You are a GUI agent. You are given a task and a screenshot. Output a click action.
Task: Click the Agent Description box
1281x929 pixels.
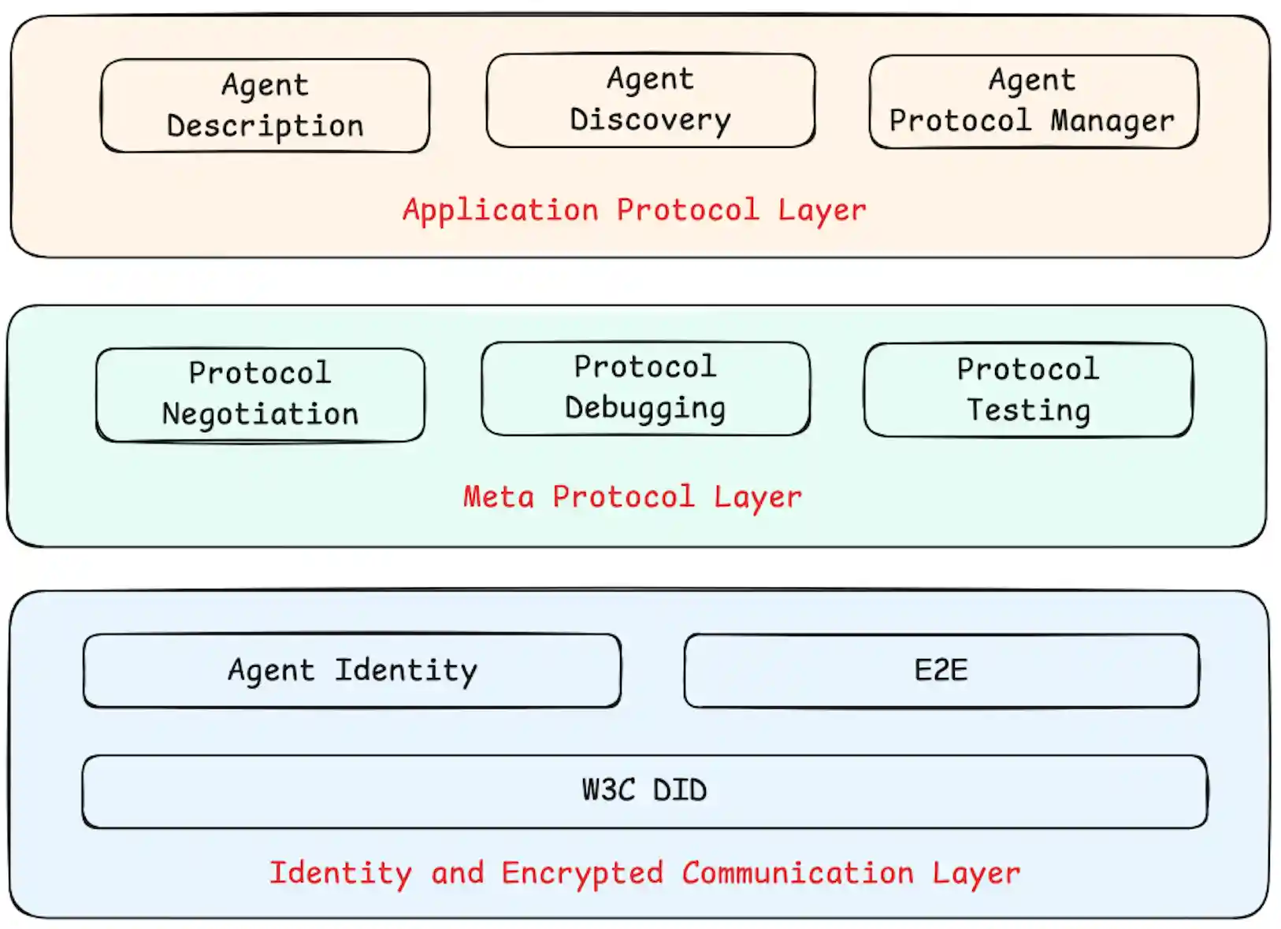265,105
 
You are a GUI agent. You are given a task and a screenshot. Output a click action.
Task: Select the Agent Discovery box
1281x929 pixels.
650,100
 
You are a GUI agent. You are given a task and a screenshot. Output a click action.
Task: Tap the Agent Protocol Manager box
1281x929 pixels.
1033,102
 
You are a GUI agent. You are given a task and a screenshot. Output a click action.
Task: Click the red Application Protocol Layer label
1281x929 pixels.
634,210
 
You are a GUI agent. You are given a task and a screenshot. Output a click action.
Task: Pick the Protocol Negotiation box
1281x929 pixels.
260,394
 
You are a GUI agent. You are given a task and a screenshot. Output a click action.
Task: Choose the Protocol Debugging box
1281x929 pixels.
645,388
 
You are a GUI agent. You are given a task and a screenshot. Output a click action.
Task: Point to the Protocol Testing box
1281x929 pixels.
1027,390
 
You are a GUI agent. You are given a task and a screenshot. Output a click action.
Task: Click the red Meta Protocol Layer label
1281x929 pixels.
632,497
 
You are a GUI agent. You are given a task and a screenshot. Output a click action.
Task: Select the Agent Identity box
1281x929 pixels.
351,671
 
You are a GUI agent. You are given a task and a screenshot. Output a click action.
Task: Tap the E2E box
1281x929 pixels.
941,671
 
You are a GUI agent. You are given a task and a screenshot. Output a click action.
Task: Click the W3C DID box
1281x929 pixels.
644,791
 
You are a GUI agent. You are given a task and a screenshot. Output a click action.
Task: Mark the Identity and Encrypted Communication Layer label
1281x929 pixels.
644,873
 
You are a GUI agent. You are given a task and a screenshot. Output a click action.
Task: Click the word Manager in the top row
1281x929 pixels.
1112,121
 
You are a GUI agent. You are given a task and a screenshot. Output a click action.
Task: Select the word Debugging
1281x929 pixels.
645,409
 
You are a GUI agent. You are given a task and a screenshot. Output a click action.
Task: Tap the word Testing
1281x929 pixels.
1028,410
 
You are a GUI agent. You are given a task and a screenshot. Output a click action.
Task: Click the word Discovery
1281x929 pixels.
650,120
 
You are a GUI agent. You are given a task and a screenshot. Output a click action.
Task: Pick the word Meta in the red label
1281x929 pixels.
498,497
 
